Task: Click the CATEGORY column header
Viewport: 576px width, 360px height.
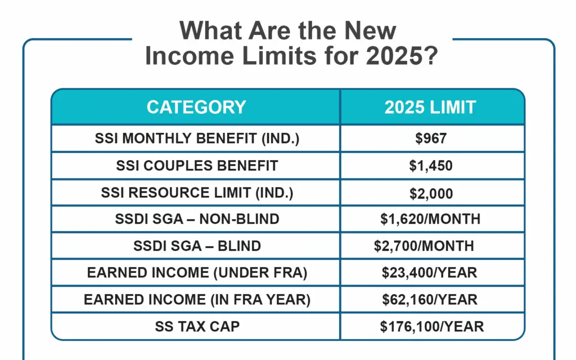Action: [196, 107]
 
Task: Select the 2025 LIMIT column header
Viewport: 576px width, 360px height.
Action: [430, 107]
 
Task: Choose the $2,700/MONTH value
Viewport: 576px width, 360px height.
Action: [424, 246]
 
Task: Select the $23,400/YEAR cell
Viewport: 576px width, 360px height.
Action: [429, 273]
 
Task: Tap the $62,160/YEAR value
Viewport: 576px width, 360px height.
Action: [429, 300]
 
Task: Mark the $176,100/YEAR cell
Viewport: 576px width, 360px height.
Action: [431, 326]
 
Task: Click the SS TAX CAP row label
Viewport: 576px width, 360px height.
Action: [196, 326]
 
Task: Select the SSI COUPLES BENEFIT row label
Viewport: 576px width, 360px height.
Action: [196, 166]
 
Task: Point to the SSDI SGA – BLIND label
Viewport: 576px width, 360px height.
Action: [196, 246]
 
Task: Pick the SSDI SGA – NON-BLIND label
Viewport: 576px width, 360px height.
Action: [196, 219]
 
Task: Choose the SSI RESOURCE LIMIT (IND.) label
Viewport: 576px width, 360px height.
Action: [196, 193]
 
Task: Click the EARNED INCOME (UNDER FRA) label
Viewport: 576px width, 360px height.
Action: [196, 273]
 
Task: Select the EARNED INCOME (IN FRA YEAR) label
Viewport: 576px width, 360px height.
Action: [197, 300]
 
